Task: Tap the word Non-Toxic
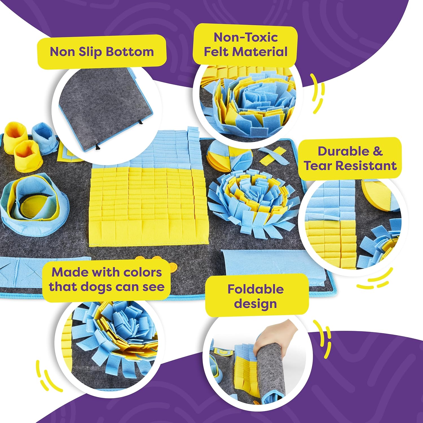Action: pos(246,37)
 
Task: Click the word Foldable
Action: pos(255,289)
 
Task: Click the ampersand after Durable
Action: pos(378,151)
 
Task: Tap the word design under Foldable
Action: pos(255,304)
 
